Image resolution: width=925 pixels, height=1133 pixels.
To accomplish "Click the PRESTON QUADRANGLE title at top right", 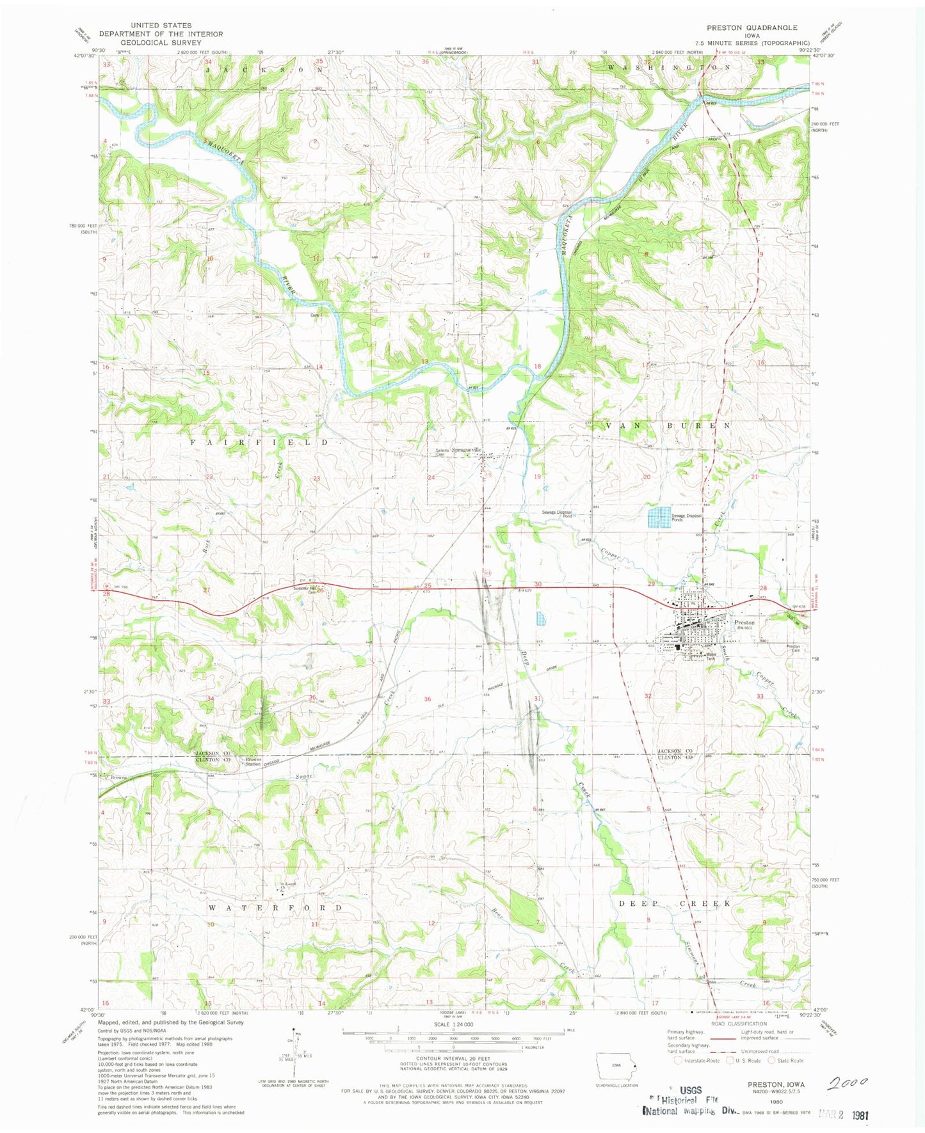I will click(752, 28).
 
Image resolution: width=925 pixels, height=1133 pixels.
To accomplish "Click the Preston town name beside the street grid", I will click(744, 622).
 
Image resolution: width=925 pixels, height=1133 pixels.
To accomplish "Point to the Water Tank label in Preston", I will click(712, 656).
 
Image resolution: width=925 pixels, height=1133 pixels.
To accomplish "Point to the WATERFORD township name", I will click(276, 908).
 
